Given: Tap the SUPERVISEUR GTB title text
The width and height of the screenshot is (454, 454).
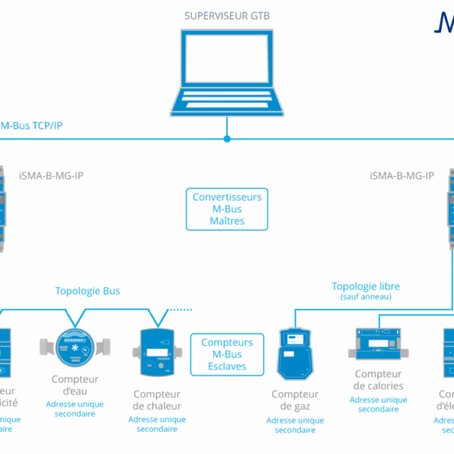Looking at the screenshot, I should coord(226,15).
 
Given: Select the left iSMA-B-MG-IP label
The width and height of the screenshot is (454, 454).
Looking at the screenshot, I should coord(51,176).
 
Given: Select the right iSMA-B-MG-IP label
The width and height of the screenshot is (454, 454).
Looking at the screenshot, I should coord(402,176).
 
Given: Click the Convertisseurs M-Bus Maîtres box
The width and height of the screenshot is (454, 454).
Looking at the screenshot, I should coord(227,210).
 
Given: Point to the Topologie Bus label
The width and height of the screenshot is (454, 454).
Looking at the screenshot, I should coord(87,291).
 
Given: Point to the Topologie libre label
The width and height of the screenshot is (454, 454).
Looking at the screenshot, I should coord(365,286).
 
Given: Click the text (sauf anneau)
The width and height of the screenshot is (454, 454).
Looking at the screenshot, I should coord(365,297).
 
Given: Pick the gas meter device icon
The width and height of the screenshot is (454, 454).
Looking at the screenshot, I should coord(295,353).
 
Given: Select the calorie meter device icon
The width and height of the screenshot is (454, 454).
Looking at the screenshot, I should coord(378,344).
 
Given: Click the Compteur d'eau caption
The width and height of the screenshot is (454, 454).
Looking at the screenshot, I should coord(75,384).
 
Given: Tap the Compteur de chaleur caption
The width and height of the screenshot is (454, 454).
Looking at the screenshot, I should coord(157,400).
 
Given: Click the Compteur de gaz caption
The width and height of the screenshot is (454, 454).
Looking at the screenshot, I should coord(295,400).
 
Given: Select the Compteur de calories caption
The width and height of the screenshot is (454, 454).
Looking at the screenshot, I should coord(378,380).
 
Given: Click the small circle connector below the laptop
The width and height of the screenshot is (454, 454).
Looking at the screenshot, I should coord(226,138).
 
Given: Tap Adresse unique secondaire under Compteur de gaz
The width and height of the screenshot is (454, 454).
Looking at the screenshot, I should coord(295,425).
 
